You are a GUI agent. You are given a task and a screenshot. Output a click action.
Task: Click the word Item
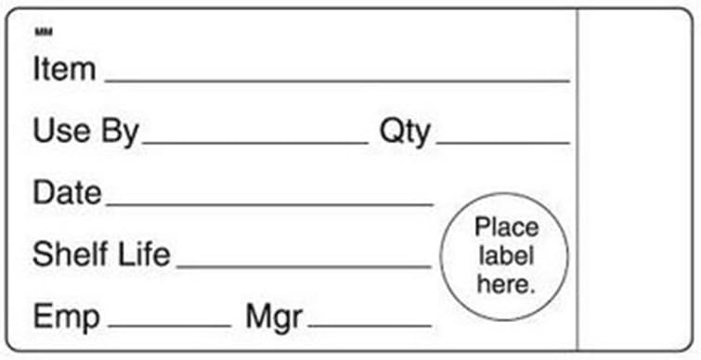[64, 70]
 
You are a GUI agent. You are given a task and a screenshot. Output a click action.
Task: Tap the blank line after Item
[337, 82]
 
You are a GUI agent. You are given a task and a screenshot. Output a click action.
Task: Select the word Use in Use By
[61, 131]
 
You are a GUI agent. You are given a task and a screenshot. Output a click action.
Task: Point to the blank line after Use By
[254, 143]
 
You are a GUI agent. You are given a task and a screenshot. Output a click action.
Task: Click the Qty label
[405, 133]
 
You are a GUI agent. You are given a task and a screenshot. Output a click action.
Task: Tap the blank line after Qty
[503, 143]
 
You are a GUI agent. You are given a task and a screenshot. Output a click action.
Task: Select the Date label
[67, 193]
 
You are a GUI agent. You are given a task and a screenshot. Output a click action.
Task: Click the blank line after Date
[269, 204]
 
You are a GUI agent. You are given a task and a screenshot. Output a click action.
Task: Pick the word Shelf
[71, 254]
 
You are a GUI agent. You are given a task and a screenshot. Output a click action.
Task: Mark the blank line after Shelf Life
[304, 266]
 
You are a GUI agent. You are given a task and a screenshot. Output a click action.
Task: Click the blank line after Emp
[169, 326]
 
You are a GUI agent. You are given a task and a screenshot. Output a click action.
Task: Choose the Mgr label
[274, 318]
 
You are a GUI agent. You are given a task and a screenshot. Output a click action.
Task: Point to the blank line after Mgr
[370, 326]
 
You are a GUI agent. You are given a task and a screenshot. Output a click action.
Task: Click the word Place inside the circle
[507, 228]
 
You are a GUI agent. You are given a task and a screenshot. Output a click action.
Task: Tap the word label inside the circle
[506, 256]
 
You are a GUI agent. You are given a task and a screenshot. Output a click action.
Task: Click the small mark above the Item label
[44, 32]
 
